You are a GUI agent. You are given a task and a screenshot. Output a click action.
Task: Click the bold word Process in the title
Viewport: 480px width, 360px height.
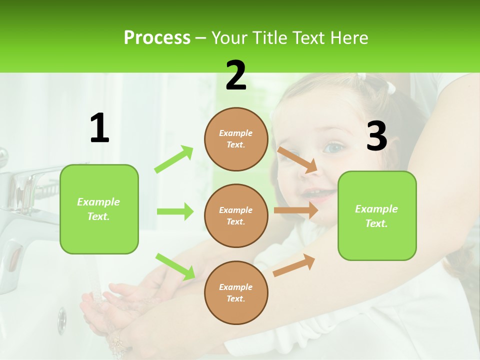pyautogui.click(x=157, y=38)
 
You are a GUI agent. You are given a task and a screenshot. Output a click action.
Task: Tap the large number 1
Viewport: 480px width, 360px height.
pyautogui.click(x=99, y=128)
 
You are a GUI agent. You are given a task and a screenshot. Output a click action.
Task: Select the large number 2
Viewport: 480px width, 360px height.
pyautogui.click(x=236, y=75)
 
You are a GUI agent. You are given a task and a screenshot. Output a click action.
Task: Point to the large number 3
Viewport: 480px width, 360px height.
pyautogui.click(x=376, y=136)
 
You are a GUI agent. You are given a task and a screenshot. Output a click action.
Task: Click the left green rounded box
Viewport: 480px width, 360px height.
pyautogui.click(x=99, y=209)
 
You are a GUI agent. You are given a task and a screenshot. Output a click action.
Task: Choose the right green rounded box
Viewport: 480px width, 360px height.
pyautogui.click(x=377, y=216)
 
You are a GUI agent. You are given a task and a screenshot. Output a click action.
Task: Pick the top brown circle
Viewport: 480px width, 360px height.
pyautogui.click(x=236, y=139)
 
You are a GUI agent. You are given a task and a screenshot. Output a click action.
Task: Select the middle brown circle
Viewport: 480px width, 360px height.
pyautogui.click(x=236, y=216)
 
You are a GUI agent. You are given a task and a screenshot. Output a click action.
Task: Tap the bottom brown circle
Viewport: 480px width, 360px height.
pyautogui.click(x=236, y=293)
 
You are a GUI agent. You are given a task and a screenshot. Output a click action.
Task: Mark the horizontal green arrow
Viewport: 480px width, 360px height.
pyautogui.click(x=175, y=211)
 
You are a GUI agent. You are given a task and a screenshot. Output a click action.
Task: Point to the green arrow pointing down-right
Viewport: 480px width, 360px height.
pyautogui.click(x=175, y=266)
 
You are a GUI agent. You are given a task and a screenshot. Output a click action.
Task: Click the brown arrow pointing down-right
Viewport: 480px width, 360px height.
pyautogui.click(x=297, y=159)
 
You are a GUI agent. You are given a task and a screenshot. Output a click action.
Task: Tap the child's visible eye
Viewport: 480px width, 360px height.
pyautogui.click(x=333, y=147)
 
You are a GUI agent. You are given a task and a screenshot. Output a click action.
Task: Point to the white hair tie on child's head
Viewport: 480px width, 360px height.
pyautogui.click(x=390, y=88)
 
